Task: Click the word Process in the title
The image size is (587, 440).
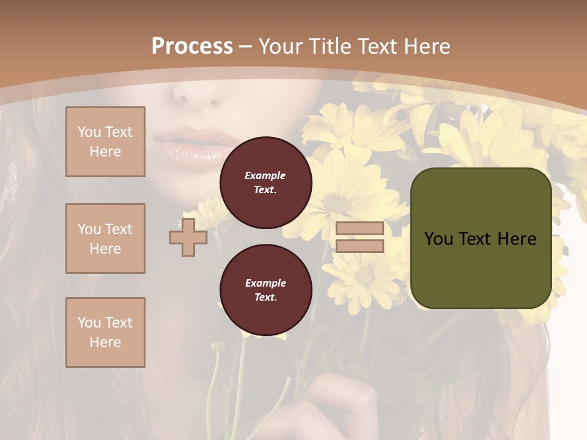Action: [192, 46]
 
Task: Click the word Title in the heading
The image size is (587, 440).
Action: [331, 46]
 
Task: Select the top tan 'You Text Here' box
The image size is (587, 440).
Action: [105, 142]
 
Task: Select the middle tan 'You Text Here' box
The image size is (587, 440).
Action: [105, 238]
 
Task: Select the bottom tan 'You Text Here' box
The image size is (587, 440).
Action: [105, 332]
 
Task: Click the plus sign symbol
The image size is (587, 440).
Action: [188, 237]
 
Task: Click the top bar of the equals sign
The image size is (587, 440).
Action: [360, 229]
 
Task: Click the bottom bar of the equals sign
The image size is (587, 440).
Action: [360, 246]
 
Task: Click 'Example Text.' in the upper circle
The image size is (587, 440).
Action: [265, 182]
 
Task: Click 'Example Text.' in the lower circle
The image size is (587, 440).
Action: [265, 290]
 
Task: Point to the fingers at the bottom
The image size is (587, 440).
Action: [342, 403]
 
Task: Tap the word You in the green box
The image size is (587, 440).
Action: [438, 238]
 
